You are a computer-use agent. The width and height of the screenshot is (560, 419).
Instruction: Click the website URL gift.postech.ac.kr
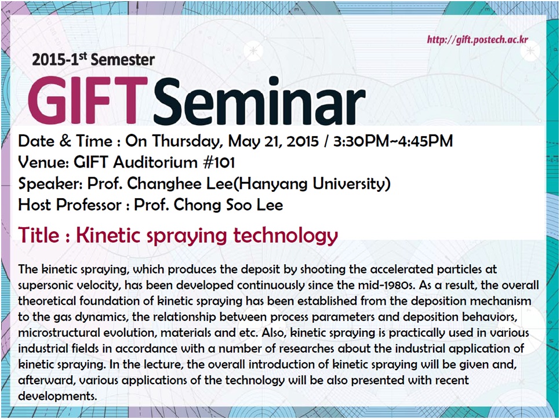[x=477, y=39]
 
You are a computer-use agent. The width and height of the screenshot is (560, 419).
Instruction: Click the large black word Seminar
[x=260, y=101]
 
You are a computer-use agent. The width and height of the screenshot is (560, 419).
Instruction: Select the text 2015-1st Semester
[x=93, y=60]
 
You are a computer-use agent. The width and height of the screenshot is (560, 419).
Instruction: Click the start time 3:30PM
[x=361, y=141]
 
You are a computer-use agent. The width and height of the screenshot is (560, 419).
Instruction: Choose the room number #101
[x=219, y=162]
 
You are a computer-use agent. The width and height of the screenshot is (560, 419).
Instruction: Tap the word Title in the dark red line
[x=39, y=235]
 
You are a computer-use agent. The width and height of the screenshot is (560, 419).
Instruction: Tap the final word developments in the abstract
[x=57, y=396]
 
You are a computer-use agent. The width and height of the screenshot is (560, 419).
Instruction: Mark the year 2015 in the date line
[x=302, y=141]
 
